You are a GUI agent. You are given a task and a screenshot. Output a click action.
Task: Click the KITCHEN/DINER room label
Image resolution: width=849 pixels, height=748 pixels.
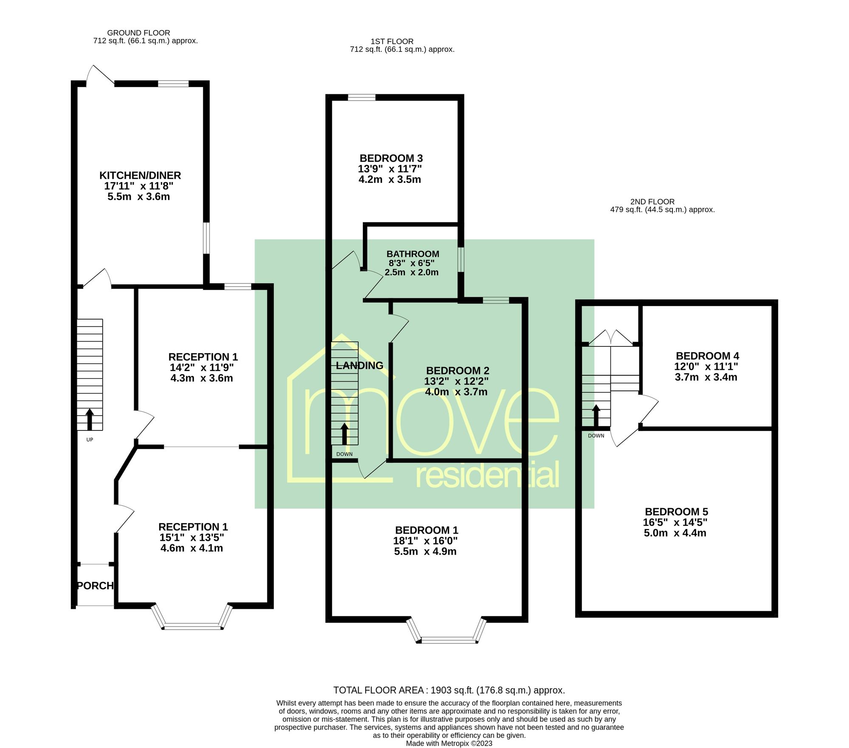(140, 175)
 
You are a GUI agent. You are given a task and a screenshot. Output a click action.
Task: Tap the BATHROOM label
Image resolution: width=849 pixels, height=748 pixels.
(413, 254)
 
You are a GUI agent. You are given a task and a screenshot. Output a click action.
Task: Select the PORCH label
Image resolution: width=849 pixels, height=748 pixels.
(95, 586)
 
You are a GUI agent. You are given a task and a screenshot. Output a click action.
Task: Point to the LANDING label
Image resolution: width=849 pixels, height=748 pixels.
(360, 366)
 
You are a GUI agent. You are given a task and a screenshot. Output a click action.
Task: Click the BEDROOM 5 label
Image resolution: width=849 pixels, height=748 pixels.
(676, 512)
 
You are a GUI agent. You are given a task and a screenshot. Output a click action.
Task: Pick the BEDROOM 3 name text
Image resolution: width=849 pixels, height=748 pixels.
(391, 158)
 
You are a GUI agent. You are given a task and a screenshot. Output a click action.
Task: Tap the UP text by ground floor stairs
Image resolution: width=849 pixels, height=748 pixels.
(90, 440)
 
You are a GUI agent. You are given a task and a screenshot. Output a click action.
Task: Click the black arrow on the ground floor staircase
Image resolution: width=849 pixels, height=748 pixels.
(90, 419)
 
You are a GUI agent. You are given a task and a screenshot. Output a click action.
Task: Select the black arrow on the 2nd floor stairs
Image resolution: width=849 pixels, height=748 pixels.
(596, 416)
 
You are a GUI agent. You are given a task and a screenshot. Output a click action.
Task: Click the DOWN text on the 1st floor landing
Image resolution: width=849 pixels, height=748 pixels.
(344, 454)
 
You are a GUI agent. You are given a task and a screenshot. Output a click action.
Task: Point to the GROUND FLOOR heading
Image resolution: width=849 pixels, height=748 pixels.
(138, 33)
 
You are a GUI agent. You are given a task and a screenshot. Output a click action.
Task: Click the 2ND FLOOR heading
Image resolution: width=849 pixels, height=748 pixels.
(652, 202)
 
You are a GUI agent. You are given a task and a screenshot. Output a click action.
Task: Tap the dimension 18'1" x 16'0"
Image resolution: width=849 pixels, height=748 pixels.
(425, 541)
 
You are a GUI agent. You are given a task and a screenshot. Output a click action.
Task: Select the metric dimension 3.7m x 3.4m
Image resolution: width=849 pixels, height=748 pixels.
(706, 377)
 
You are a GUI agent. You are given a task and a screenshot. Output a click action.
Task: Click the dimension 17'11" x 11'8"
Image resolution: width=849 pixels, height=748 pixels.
(139, 186)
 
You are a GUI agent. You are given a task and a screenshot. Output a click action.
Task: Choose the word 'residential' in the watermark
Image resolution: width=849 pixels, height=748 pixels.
(487, 476)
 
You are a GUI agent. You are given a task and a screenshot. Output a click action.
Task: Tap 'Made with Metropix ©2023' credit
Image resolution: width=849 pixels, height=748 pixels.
(449, 743)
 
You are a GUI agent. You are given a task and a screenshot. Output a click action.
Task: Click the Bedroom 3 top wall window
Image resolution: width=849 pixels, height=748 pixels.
(362, 98)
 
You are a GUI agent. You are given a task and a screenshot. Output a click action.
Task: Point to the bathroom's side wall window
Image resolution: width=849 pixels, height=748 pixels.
(461, 260)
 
